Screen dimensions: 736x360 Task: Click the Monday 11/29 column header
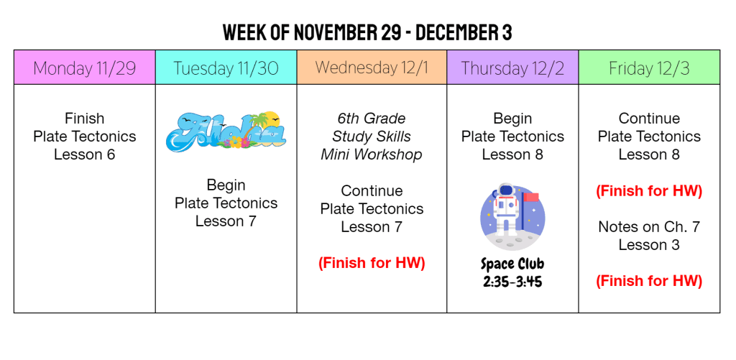click(85, 67)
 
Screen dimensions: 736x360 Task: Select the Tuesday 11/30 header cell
click(226, 67)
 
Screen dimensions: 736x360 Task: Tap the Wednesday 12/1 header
click(372, 67)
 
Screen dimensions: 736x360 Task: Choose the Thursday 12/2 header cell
click(512, 67)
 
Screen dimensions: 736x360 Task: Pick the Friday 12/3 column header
click(649, 67)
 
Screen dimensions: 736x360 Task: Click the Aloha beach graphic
click(226, 131)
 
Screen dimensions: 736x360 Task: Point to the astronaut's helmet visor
click(505, 190)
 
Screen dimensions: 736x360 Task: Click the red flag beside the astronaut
click(531, 197)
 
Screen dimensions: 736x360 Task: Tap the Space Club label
click(512, 264)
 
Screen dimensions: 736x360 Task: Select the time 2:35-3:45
click(512, 281)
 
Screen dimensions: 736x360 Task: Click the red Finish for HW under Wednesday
click(372, 263)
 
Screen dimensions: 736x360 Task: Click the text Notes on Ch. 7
click(649, 227)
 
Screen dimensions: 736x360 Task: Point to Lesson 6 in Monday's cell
click(85, 154)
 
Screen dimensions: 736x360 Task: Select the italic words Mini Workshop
click(372, 154)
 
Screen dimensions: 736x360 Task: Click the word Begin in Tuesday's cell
click(226, 185)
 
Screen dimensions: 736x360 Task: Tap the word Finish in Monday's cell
click(85, 118)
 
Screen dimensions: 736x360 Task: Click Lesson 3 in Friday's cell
click(649, 245)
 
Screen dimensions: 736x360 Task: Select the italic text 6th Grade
click(372, 119)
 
